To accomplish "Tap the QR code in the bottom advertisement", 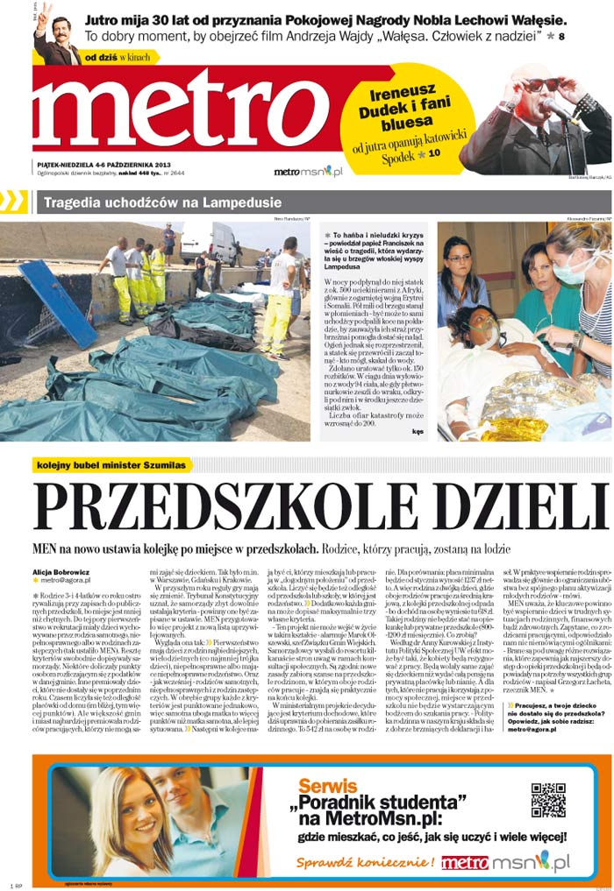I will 548,801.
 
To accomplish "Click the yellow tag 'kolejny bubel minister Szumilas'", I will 111,465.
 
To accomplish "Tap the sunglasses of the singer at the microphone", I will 542,85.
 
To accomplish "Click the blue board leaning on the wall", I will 58,302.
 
